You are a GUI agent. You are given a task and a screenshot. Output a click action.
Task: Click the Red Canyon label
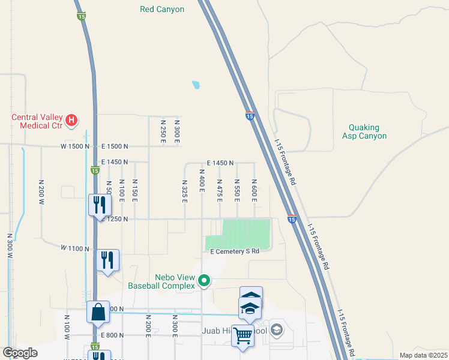[x=161, y=9]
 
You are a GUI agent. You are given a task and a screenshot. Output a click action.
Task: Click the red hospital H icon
[x=72, y=121]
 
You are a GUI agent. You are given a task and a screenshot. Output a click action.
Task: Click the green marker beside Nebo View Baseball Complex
[x=204, y=280]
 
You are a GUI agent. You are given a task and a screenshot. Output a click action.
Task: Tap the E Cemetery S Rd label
[x=234, y=251]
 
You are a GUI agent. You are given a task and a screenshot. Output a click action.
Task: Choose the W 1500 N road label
[x=75, y=146]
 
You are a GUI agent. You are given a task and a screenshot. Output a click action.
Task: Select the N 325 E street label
[x=185, y=190]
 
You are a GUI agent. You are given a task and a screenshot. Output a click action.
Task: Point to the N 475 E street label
[x=220, y=190]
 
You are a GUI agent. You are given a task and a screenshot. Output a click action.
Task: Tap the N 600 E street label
[x=255, y=190]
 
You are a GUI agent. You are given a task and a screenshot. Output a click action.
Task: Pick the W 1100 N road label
[x=75, y=248]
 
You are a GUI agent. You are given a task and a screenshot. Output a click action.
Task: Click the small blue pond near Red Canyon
[x=196, y=85]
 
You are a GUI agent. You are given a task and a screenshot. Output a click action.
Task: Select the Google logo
[x=20, y=353]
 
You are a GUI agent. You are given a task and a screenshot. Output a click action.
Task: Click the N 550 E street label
[x=237, y=190]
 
